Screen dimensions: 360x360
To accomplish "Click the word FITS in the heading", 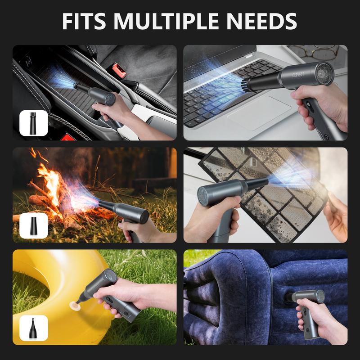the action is [x=84, y=21].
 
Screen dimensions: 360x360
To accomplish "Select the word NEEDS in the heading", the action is [x=261, y=21].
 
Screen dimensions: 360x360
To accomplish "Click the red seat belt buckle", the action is [x=119, y=70].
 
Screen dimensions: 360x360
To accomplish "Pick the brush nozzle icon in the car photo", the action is [x=33, y=123].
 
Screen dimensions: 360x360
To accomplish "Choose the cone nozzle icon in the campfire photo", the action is [x=33, y=225].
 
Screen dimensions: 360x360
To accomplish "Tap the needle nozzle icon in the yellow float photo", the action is [x=33, y=328].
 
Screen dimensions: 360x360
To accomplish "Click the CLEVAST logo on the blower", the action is [x=298, y=75].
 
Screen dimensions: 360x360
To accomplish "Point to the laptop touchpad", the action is [x=260, y=112].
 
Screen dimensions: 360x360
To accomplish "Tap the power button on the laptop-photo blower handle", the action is [x=326, y=137].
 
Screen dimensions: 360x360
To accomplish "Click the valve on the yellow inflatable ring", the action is [x=75, y=306].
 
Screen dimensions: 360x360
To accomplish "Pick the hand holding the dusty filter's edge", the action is [x=337, y=216].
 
